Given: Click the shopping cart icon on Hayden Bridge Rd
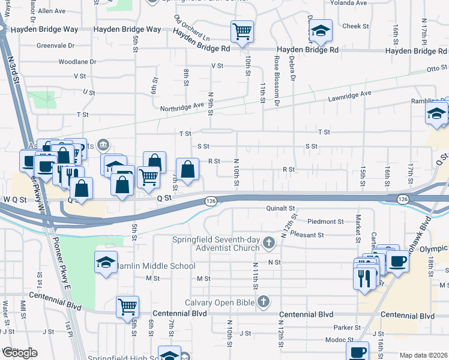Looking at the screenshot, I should click(x=242, y=31).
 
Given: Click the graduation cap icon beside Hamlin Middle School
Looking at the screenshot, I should click(x=106, y=262).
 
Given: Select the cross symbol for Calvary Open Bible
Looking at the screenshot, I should click(x=262, y=302).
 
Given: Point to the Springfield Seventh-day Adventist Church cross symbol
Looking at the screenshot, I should click(x=269, y=243).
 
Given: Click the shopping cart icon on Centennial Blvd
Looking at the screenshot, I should click(x=127, y=307).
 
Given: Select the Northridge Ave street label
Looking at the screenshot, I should click(x=182, y=106).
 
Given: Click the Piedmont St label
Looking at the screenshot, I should click(x=326, y=221).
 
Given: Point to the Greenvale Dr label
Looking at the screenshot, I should click(x=55, y=45).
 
